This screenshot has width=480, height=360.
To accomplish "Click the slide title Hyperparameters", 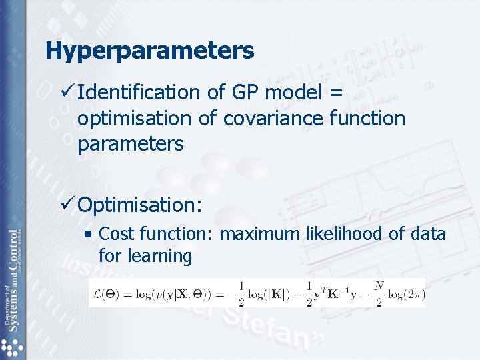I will coord(150,51).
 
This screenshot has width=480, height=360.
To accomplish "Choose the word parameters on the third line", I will coord(130,143).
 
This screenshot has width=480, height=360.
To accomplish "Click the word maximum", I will coord(260,234).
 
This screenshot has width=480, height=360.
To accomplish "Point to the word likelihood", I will coord(340,234).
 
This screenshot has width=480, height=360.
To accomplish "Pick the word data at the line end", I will coord(426,234).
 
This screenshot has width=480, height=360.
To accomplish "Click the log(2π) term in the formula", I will coord(406,293).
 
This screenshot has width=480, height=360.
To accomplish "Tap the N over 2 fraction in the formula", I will coord(379,293).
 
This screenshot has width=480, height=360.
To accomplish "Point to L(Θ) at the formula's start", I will coord(105,293).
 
